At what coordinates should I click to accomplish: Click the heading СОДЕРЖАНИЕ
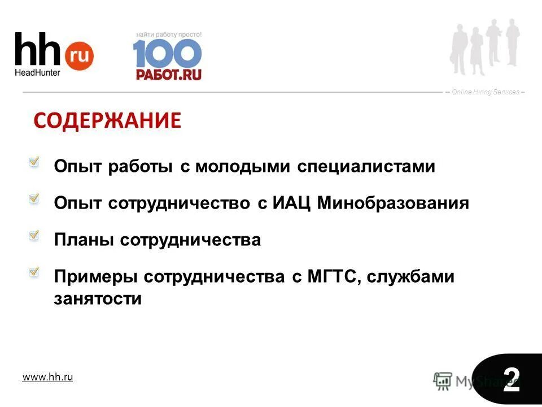click(x=107, y=120)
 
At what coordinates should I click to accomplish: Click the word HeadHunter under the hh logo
click(x=37, y=72)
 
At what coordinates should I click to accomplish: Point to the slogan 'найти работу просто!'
click(x=168, y=34)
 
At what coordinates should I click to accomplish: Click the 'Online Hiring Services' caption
click(x=486, y=92)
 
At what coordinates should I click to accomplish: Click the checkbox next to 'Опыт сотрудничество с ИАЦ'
click(x=34, y=199)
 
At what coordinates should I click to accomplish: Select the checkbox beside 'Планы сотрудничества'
click(x=34, y=235)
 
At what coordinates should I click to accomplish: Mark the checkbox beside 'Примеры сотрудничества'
click(x=34, y=272)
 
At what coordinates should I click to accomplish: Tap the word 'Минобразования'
click(x=393, y=203)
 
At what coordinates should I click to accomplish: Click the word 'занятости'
click(x=98, y=298)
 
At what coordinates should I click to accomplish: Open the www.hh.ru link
click(x=47, y=377)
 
